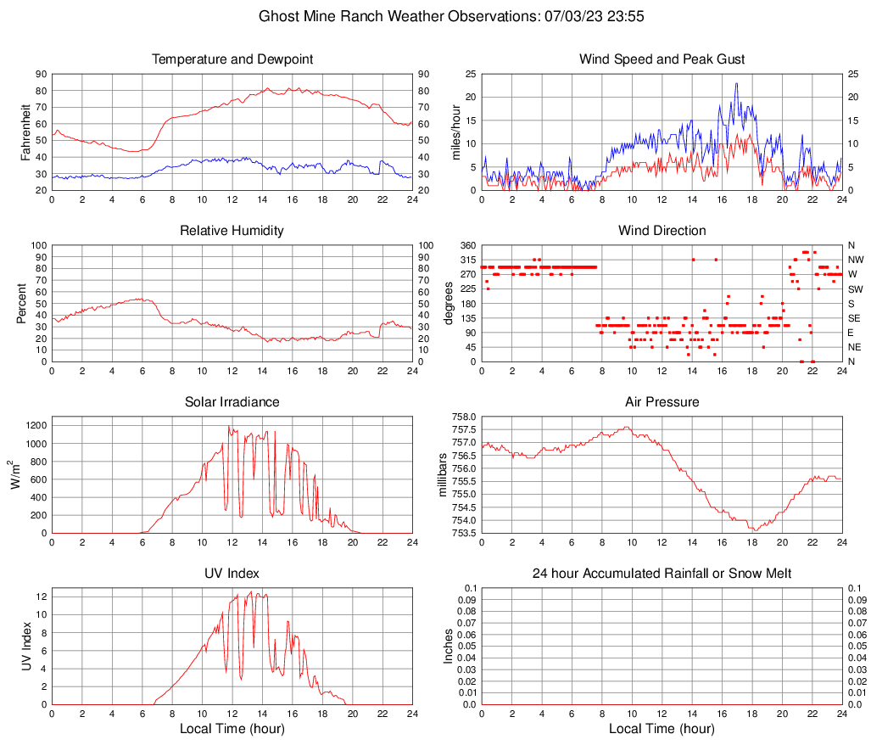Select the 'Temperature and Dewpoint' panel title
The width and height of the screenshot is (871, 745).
pos(232,59)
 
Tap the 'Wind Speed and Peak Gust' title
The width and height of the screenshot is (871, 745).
pos(662,59)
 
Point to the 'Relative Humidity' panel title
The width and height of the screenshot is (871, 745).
pos(232,231)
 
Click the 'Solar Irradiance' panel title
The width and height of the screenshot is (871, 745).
pos(232,401)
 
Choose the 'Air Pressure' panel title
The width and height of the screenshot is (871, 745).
pos(662,401)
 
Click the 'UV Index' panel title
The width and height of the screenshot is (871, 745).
pos(232,574)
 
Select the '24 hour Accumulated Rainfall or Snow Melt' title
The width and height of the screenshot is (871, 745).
pos(662,574)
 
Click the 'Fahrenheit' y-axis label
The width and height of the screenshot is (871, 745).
pos(25,132)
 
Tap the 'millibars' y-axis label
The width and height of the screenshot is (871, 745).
pos(442,475)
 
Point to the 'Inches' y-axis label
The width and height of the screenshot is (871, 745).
pos(449,646)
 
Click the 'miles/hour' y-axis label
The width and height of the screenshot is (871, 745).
pos(455,132)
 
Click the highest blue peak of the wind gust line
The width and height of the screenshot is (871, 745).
pos(736,83)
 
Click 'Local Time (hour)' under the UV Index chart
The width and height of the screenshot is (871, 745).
pos(232,729)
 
